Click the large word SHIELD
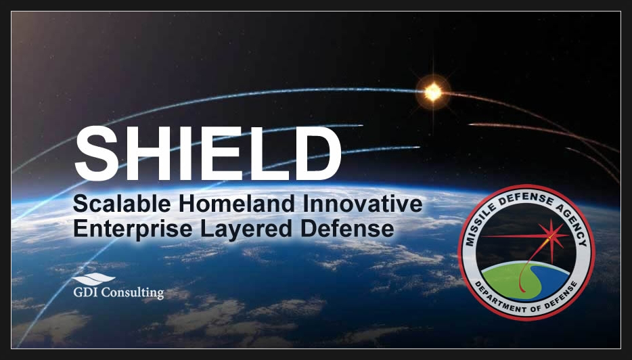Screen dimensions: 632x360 [x=208, y=153]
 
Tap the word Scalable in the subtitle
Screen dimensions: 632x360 [x=122, y=204]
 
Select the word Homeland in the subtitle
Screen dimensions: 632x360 [x=237, y=204]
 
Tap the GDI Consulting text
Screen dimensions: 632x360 [x=118, y=292]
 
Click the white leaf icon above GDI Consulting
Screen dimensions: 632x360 [x=93, y=279]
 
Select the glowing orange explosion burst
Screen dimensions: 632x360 [x=433, y=92]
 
